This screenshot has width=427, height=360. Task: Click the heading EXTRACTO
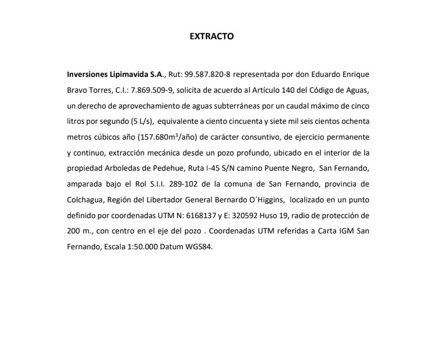click(211, 37)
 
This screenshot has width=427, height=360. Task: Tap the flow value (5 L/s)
click(139, 121)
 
